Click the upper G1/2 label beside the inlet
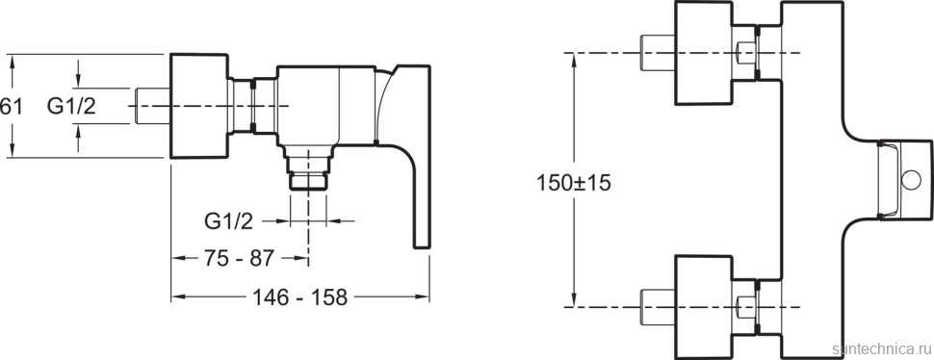71,106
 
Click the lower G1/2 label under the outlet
229,222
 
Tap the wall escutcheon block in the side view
199,106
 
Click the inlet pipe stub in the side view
153,106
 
